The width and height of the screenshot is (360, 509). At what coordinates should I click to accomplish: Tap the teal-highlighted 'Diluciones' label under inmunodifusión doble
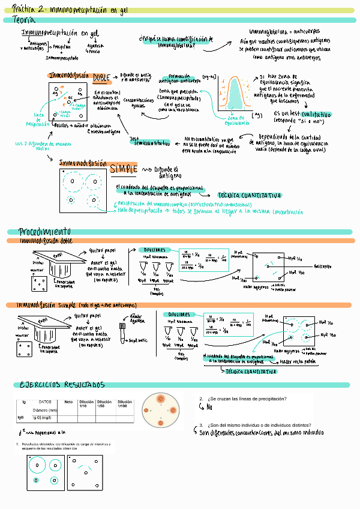tap(155, 249)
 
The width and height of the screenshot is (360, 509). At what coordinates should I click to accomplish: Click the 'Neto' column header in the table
tap(68, 402)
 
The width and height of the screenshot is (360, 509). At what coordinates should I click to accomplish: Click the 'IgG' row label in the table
tap(21, 417)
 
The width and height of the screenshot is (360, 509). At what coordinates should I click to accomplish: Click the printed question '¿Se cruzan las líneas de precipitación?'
tap(247, 399)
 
